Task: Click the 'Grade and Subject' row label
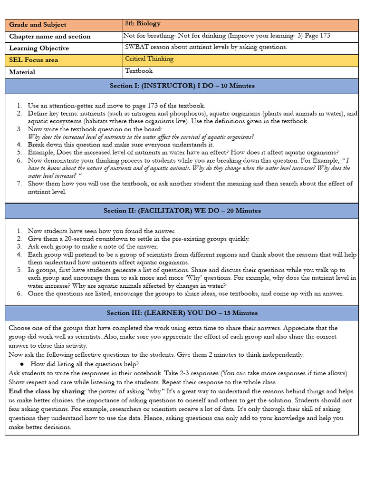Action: (38, 25)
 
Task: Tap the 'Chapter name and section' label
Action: (50, 37)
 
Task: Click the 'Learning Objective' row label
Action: (39, 49)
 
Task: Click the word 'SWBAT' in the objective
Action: (136, 47)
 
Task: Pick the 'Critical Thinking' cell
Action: (149, 59)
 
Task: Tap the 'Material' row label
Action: (22, 72)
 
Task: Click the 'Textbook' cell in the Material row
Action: (139, 71)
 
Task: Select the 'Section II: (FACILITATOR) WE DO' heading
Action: (182, 211)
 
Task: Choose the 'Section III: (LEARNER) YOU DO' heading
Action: (182, 313)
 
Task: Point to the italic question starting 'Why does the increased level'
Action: (141, 137)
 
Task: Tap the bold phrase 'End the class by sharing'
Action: (46, 391)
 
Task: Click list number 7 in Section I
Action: (19, 184)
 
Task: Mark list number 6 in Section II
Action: (19, 293)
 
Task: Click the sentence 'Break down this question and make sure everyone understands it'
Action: (121, 145)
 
